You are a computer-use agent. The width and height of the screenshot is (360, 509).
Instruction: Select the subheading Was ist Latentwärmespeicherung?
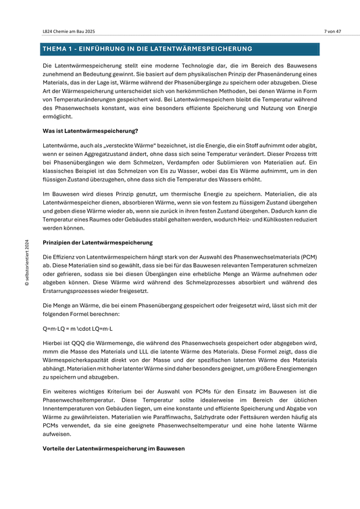click(90, 130)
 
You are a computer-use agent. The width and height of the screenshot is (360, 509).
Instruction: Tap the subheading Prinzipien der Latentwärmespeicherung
click(97, 242)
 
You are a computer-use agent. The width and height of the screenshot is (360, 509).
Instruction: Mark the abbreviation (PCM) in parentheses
click(310, 257)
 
